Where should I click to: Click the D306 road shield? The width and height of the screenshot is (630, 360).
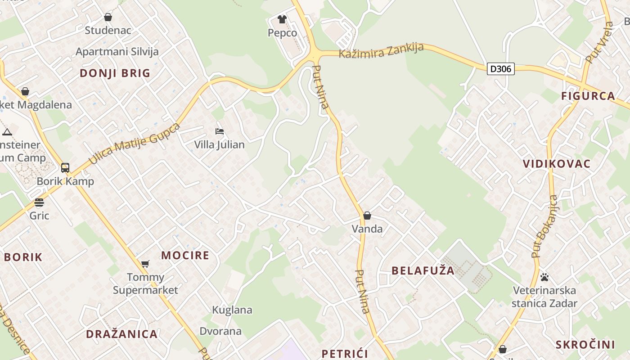500,69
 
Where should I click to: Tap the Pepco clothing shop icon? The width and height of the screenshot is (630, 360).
282,19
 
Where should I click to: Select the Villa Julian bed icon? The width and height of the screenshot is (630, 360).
220,131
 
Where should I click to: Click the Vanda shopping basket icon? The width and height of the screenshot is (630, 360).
367,216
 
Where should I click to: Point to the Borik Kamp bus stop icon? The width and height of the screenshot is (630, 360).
65,168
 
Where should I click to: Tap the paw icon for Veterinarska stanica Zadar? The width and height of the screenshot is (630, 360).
544,277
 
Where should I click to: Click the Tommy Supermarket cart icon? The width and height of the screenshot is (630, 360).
145,264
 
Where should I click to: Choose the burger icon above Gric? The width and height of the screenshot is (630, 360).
39,202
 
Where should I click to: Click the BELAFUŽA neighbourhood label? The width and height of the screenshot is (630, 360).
423,270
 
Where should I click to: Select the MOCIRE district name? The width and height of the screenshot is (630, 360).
185,256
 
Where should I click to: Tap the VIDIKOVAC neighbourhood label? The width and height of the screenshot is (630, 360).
557,164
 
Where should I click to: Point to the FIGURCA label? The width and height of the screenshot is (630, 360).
588,96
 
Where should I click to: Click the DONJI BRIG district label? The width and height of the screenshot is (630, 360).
115,73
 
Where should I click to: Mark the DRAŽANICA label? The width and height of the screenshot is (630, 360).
122,334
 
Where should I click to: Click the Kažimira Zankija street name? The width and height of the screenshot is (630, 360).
381,50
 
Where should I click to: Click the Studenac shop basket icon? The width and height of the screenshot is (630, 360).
108,18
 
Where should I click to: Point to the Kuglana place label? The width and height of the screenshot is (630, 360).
232,310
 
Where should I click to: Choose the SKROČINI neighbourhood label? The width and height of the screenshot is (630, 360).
585,345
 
